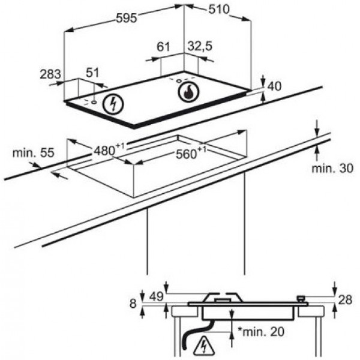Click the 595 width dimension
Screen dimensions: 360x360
pos(127,18)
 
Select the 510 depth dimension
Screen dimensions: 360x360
pos(219,10)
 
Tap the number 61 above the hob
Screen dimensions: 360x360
pos(163,47)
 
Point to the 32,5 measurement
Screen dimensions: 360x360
pos(200,46)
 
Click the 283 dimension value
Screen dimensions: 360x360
pos(50,74)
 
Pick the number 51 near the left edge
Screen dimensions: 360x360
pos(92,73)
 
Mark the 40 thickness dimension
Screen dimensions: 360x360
pos(275,86)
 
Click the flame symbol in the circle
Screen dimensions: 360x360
pos(188,92)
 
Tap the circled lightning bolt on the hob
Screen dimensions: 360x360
pos(113,104)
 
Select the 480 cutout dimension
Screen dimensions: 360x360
pos(109,149)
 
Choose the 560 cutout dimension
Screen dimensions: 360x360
pos(191,153)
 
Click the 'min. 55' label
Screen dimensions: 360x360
pos(33,153)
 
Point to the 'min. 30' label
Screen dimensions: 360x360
pos(332,168)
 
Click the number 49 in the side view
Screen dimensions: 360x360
pos(157,296)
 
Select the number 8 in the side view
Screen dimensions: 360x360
pos(133,303)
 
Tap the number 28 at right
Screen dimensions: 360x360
pos(345,300)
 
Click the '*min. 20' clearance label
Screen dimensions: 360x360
pos(261,332)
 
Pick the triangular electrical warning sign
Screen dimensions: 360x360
pos(204,346)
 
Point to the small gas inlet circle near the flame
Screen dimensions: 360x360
pos(179,81)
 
